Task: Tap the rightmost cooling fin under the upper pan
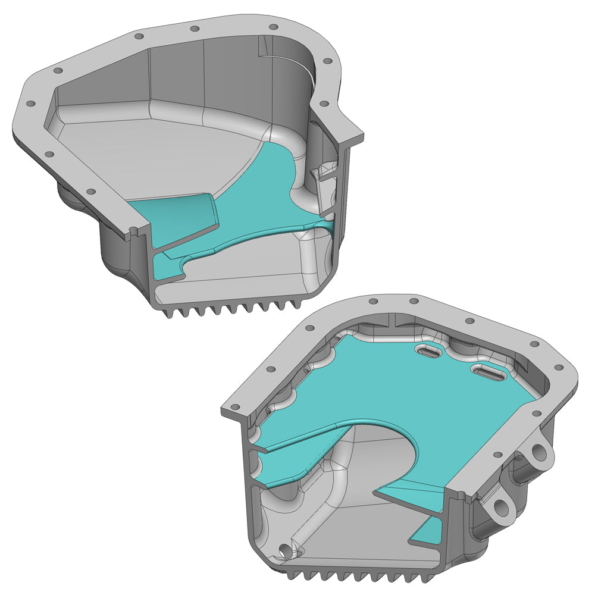293,303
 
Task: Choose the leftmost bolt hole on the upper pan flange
28,102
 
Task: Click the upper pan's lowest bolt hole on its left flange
91,192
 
